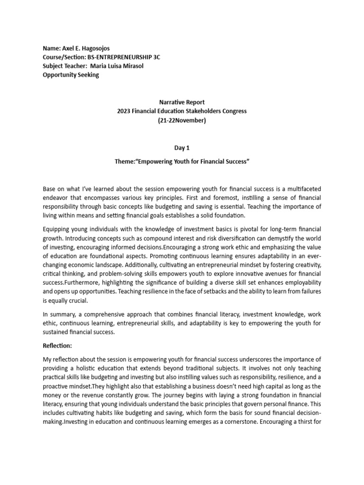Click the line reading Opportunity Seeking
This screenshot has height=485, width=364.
coord(71,75)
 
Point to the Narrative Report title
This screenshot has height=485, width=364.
coord(182,102)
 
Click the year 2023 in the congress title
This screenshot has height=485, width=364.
coord(124,111)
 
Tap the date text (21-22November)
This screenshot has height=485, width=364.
coord(182,120)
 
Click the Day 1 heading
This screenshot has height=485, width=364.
coord(182,148)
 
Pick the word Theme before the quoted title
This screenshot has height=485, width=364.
coord(124,162)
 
